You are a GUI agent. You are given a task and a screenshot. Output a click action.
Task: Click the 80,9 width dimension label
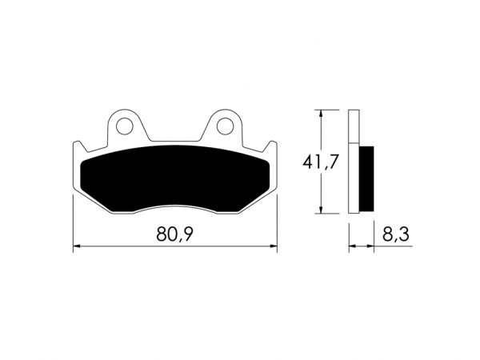174,234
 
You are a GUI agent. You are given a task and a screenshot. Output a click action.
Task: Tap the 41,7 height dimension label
321,162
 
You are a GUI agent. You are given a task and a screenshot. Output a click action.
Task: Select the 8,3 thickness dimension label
395,234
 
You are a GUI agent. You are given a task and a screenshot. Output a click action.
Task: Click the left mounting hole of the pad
124,126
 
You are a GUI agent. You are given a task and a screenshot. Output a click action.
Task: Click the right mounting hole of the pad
226,126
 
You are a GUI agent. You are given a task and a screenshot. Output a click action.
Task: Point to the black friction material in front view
174,178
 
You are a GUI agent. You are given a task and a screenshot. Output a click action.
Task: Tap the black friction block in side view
366,178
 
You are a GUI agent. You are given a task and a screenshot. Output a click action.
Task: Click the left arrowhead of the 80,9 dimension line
77,246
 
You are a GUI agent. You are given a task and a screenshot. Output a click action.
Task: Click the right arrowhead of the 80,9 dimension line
274,246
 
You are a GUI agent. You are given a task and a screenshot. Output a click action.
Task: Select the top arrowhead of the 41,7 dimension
321,114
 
